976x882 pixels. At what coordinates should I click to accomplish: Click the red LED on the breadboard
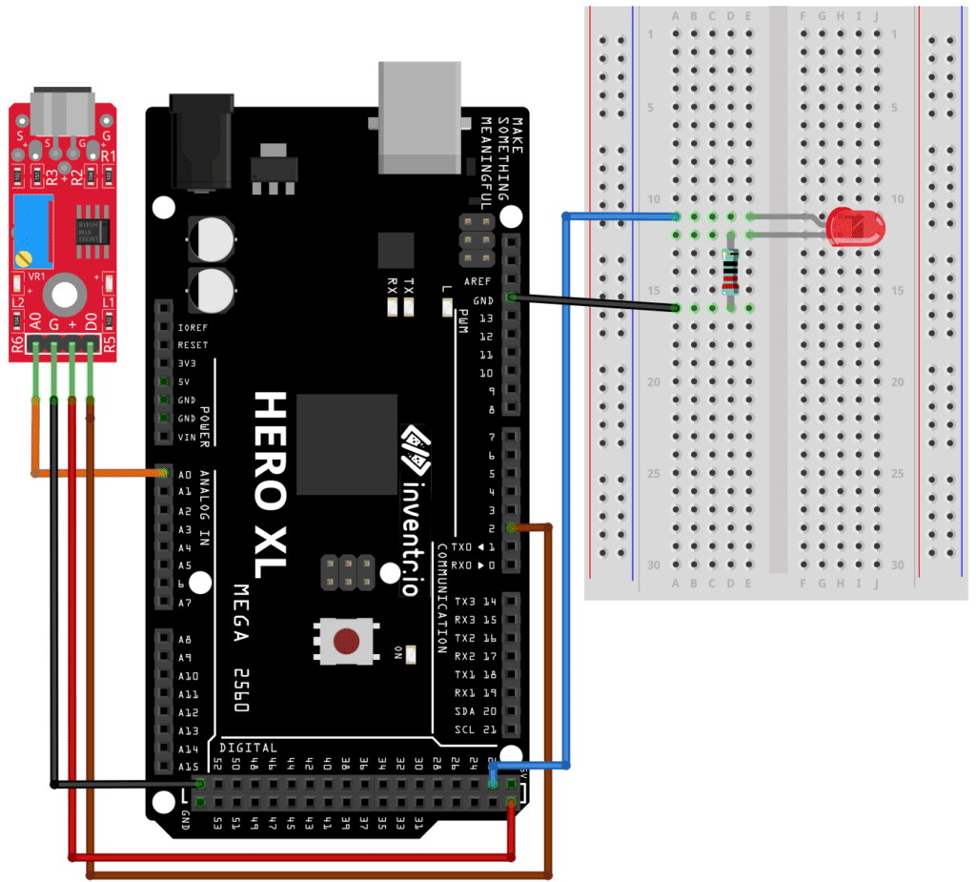(855, 227)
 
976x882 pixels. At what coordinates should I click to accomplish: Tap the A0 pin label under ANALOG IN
(186, 474)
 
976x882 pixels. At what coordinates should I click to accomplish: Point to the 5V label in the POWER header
(186, 381)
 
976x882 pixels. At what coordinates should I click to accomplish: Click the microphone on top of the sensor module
(63, 113)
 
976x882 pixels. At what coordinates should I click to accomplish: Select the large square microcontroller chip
(346, 444)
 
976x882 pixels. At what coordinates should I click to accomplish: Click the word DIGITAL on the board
(249, 749)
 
